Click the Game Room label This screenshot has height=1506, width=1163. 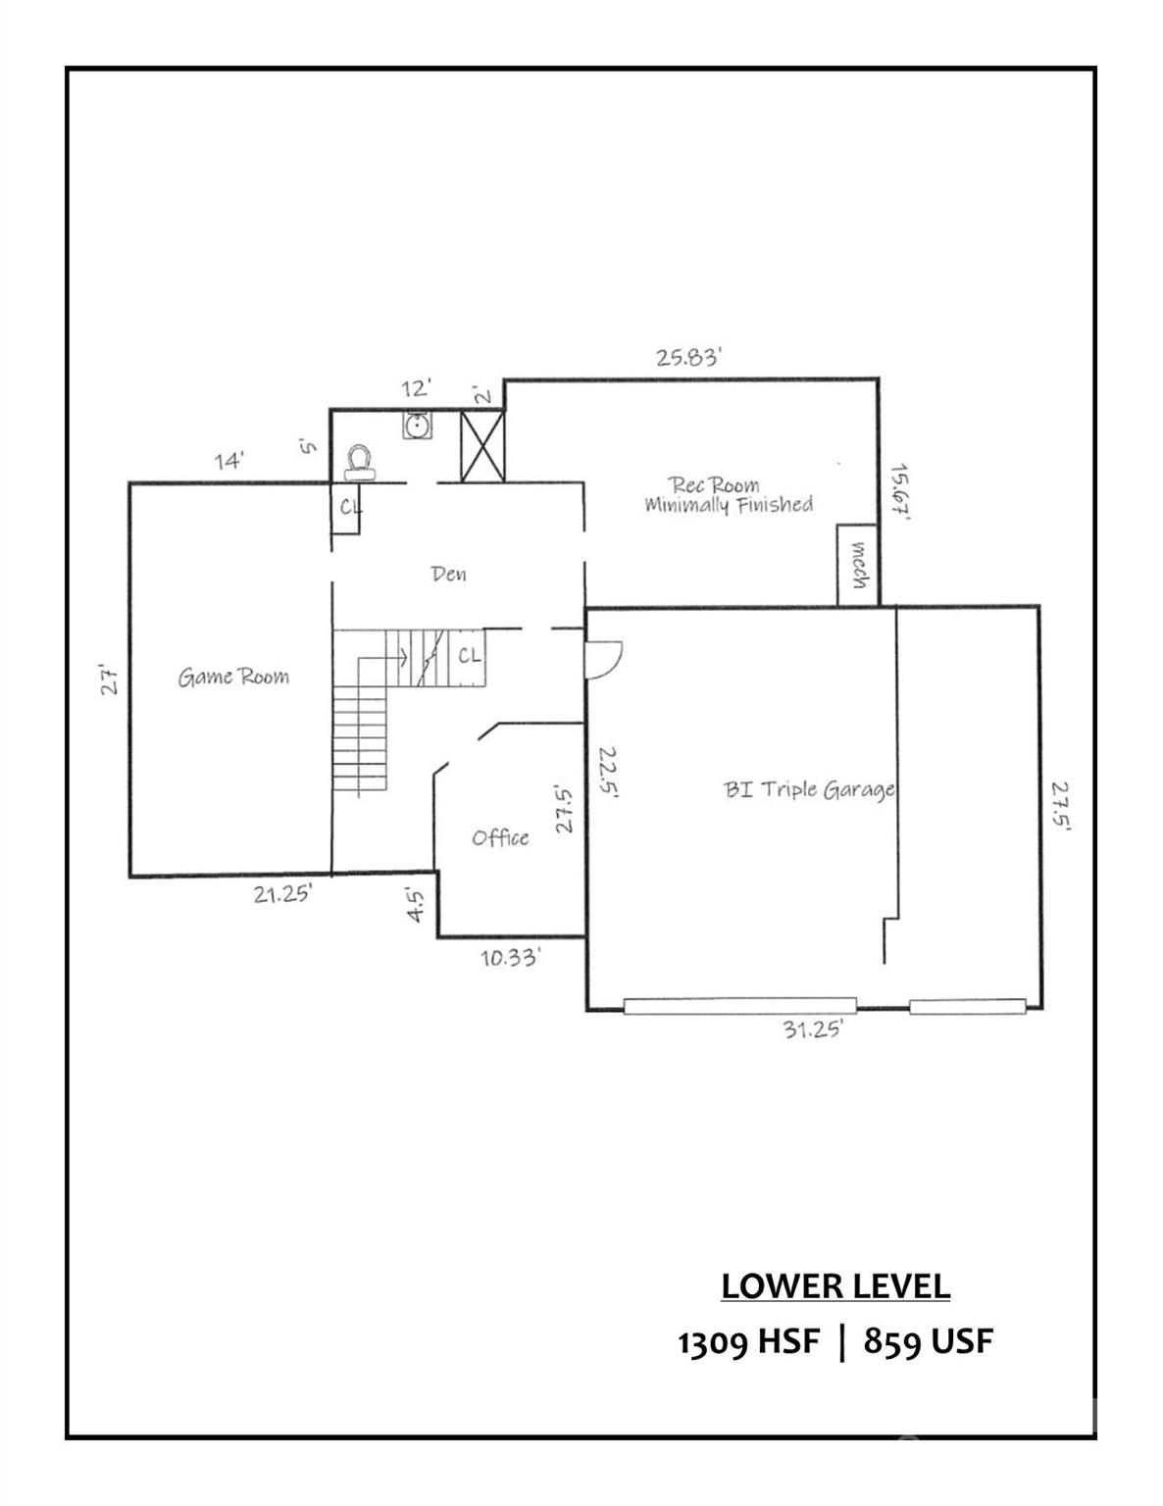pos(233,677)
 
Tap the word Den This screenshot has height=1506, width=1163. pos(448,574)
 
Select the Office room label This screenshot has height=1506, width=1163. pos(500,837)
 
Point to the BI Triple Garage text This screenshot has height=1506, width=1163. pos(809,789)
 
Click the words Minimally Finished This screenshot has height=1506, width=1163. pos(729,505)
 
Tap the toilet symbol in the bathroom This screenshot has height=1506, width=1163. pos(360,462)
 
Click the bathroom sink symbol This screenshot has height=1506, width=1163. pos(417,426)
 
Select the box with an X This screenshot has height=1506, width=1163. pos(481,446)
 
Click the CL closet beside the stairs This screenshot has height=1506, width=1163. pos(470,655)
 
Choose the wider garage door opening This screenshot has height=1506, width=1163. pos(740,1005)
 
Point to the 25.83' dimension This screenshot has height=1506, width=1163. pos(688,357)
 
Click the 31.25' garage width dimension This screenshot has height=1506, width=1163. pos(813,1029)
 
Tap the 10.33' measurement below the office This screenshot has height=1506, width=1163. pos(510,958)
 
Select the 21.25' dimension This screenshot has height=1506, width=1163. pos(282,893)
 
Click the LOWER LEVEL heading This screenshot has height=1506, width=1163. pos(835,1285)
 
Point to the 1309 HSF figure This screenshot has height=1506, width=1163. pos(747,1341)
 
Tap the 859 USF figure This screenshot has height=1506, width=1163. pos(928,1341)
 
